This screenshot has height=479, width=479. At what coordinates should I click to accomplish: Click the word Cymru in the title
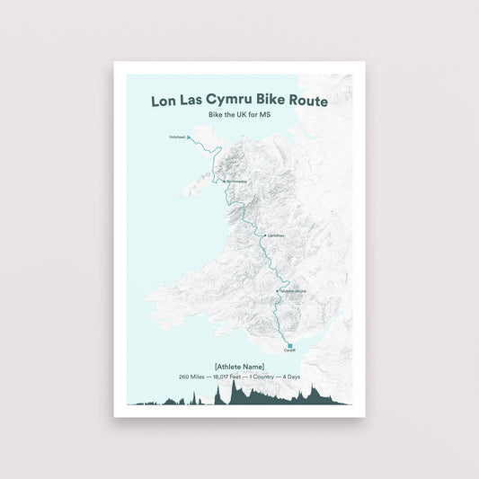[237, 102]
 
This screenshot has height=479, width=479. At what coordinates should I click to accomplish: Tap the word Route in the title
[306, 102]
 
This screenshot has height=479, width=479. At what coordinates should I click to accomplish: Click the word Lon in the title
[166, 102]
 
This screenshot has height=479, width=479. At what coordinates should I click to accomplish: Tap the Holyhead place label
[176, 137]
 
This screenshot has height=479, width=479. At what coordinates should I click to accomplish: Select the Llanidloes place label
[276, 236]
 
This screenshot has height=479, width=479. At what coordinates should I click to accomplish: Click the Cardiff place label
[289, 353]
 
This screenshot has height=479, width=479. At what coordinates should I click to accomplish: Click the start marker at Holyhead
[189, 137]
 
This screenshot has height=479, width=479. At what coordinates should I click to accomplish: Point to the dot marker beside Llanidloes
[264, 236]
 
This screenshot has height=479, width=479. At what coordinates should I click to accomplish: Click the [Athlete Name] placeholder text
[239, 366]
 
